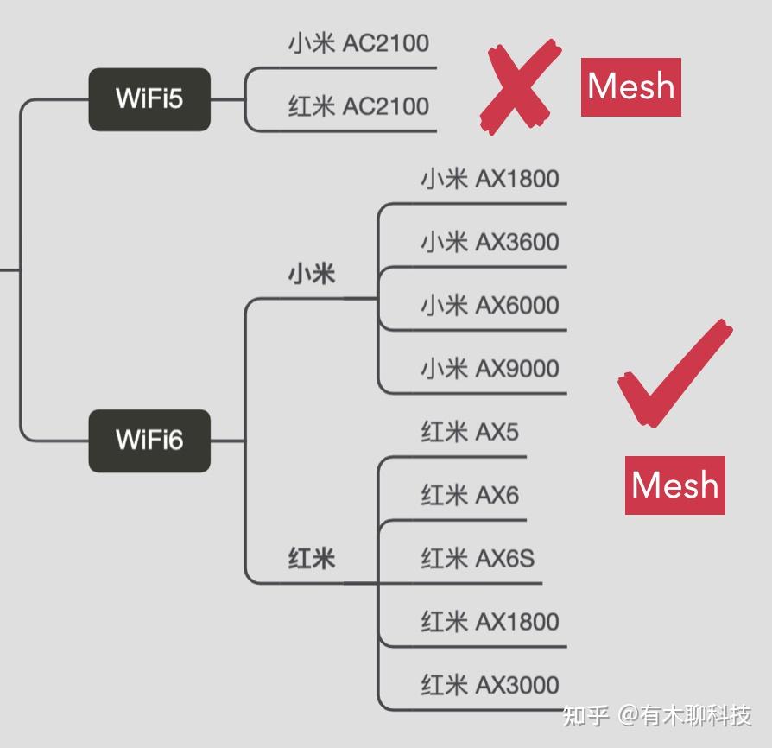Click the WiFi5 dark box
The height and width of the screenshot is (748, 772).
pos(149,99)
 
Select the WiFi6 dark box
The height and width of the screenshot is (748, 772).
pos(149,441)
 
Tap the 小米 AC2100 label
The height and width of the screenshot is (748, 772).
pos(358,43)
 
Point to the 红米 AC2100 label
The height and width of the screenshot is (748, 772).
pos(358,107)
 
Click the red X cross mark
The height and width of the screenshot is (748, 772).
pos(517,86)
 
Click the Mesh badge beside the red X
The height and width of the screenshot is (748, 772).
pos(630,87)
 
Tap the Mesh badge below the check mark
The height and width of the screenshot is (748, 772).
pos(674,485)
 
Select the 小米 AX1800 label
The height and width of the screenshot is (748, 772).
pos(490,180)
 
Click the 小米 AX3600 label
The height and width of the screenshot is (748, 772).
pos(490,243)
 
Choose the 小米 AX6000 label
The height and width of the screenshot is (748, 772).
pos(490,306)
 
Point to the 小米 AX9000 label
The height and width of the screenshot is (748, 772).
pos(490,369)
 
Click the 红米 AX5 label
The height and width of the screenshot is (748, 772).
pos(470,432)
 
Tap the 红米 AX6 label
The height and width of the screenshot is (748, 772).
pos(470,495)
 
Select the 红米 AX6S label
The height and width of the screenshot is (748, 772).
pos(478,559)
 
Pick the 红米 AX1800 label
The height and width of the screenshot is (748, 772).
pos(490,622)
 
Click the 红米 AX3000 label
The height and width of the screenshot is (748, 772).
pos(490,686)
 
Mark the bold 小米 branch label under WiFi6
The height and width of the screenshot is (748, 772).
pos(311,276)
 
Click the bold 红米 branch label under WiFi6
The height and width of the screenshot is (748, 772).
pos(311,559)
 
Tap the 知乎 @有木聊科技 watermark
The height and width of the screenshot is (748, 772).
pos(656,715)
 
